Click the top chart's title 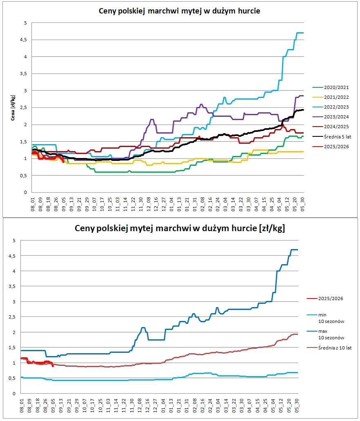click(x=180, y=11)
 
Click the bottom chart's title click(x=180, y=228)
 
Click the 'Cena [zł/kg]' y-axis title click(x=14, y=108)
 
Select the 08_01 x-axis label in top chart click(x=33, y=203)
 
